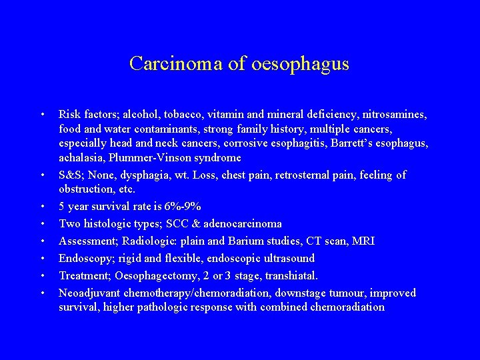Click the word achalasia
click(80, 158)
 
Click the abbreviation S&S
click(71, 175)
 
